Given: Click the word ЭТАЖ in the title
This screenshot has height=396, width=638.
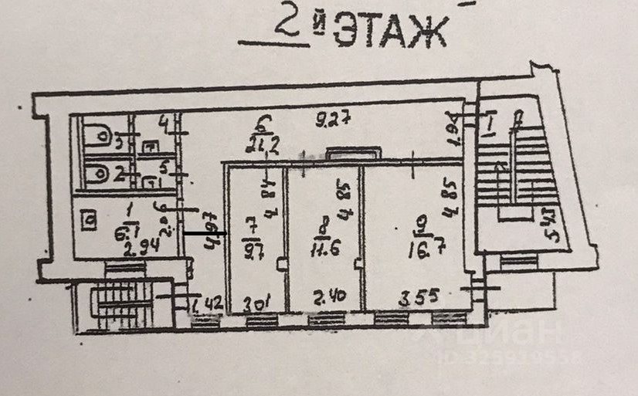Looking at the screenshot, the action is pos(392,32).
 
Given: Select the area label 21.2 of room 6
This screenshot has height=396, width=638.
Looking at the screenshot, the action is pos(262,142).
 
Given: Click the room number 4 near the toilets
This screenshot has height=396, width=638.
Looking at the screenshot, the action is pos(161,122).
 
